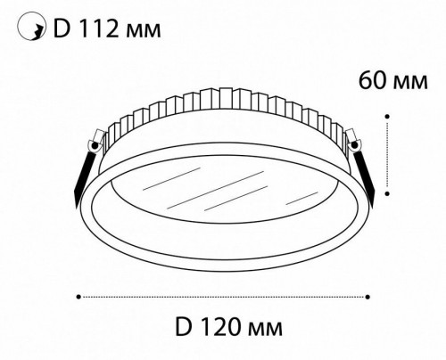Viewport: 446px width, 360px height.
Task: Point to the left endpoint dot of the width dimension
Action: click(80, 294)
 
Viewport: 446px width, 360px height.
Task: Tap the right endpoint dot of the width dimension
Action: click(369, 294)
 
